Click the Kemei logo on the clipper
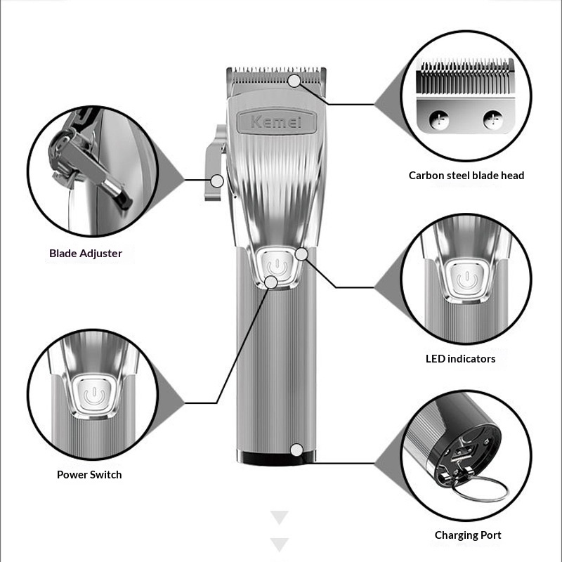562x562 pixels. tap(276, 122)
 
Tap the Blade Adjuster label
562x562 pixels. tap(86, 254)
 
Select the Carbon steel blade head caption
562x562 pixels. tap(466, 175)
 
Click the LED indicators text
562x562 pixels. tap(461, 359)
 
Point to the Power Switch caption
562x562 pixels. tap(89, 475)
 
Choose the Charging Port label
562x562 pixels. tap(468, 535)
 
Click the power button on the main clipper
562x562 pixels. tap(277, 267)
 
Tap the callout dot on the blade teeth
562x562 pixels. tap(294, 81)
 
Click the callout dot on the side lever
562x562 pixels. tap(217, 181)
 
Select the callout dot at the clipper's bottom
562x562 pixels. tap(296, 450)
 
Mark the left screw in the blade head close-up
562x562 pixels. tap(439, 119)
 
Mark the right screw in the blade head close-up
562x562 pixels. tap(493, 119)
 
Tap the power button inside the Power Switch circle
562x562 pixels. tap(94, 394)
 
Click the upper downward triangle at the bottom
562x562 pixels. tap(280, 517)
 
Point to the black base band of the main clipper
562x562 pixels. tap(276, 458)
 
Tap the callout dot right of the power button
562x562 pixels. tap(302, 254)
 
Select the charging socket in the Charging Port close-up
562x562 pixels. tap(462, 454)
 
